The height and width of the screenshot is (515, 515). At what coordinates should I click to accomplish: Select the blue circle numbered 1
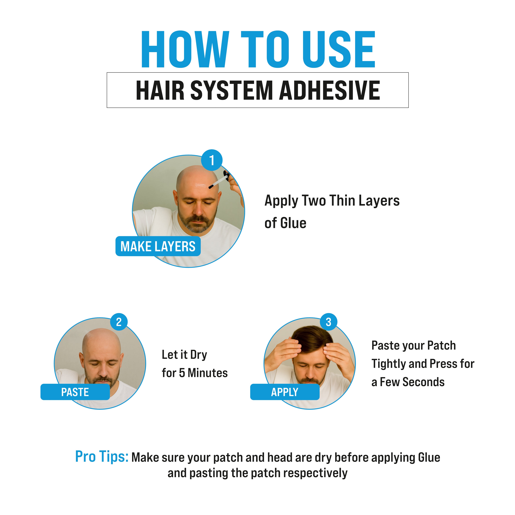click(212, 160)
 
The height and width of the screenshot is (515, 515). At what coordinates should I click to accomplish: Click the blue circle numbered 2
click(119, 322)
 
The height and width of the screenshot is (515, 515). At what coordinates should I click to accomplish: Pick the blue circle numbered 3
click(329, 322)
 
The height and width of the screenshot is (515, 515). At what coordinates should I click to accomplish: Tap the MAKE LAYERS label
click(158, 246)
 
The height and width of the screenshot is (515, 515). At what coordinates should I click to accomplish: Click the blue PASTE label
click(75, 392)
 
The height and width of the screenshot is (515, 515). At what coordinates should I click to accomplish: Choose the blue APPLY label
click(285, 392)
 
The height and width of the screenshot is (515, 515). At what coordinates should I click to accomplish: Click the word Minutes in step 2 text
click(208, 373)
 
